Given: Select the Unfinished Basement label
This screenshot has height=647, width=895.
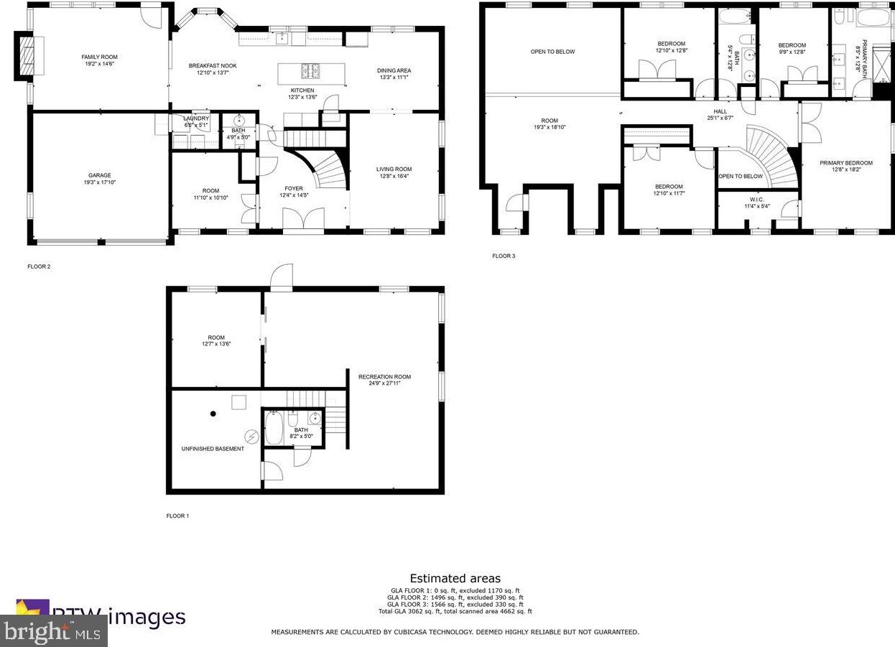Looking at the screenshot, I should (x=212, y=449).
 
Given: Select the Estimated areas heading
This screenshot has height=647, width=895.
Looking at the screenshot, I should (x=455, y=578).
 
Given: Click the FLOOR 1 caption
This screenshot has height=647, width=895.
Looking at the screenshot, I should (x=178, y=516).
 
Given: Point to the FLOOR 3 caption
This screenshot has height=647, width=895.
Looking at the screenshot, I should (x=504, y=256).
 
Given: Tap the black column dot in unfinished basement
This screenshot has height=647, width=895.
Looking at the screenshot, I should (x=213, y=414).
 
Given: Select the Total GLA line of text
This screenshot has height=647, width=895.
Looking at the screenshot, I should (x=455, y=611).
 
